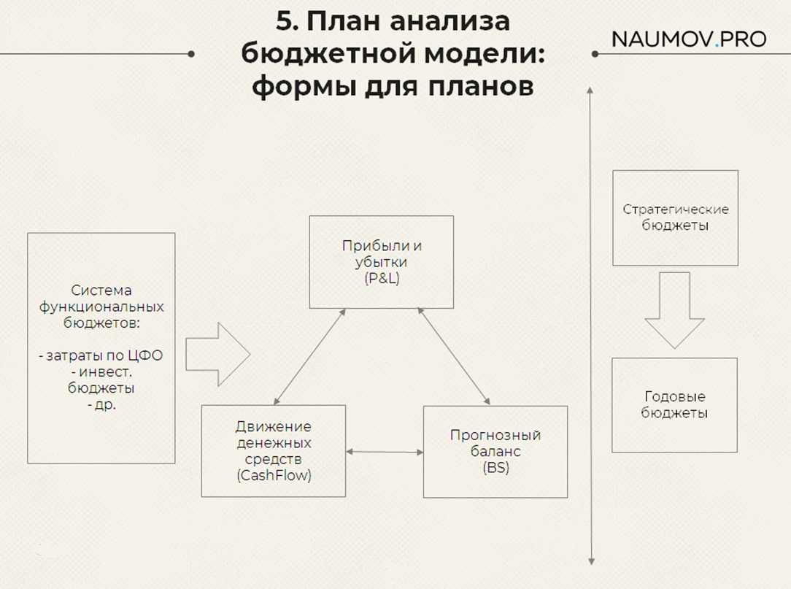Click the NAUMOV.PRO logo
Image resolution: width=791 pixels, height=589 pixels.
pyautogui.click(x=689, y=39)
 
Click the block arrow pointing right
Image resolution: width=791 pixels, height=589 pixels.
pyautogui.click(x=217, y=355)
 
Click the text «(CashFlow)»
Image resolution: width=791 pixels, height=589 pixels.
pyautogui.click(x=273, y=475)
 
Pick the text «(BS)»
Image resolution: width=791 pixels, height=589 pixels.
pyautogui.click(x=495, y=469)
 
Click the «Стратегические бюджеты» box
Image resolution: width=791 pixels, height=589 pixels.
pyautogui.click(x=675, y=217)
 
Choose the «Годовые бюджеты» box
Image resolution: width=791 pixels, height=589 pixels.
pyautogui.click(x=674, y=405)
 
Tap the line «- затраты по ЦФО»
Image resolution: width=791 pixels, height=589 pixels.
pyautogui.click(x=101, y=356)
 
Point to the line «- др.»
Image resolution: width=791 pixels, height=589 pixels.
pyautogui.click(x=101, y=403)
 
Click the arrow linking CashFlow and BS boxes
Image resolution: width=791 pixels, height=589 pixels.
pyautogui.click(x=385, y=453)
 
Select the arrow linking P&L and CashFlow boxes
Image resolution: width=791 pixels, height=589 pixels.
pyautogui.click(x=310, y=356)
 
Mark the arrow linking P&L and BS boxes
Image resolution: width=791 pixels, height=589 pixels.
pyautogui.click(x=453, y=356)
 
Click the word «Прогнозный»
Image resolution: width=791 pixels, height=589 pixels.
pyautogui.click(x=495, y=436)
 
